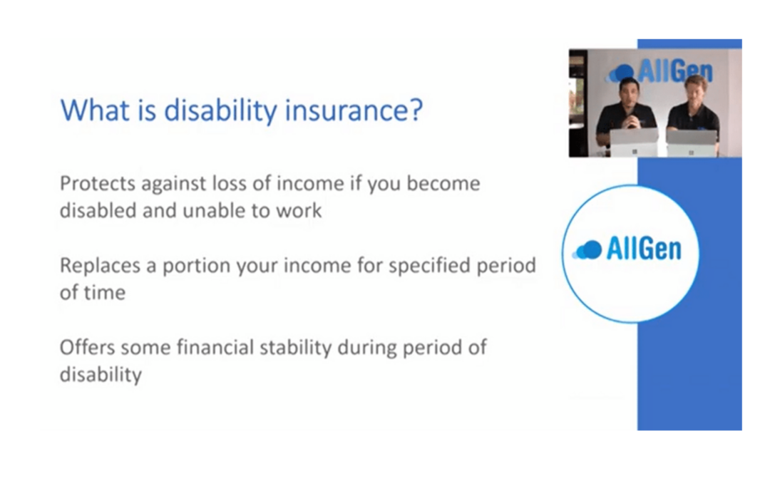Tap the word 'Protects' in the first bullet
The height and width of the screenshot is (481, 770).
pos(97,184)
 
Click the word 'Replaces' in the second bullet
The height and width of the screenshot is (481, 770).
pos(100,266)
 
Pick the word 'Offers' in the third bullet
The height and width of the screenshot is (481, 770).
pos(86,348)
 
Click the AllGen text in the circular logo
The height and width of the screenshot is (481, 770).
pos(644,249)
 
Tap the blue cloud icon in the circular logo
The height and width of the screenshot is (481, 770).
pos(587,250)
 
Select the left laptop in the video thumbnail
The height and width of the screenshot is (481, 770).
pos(634,143)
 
